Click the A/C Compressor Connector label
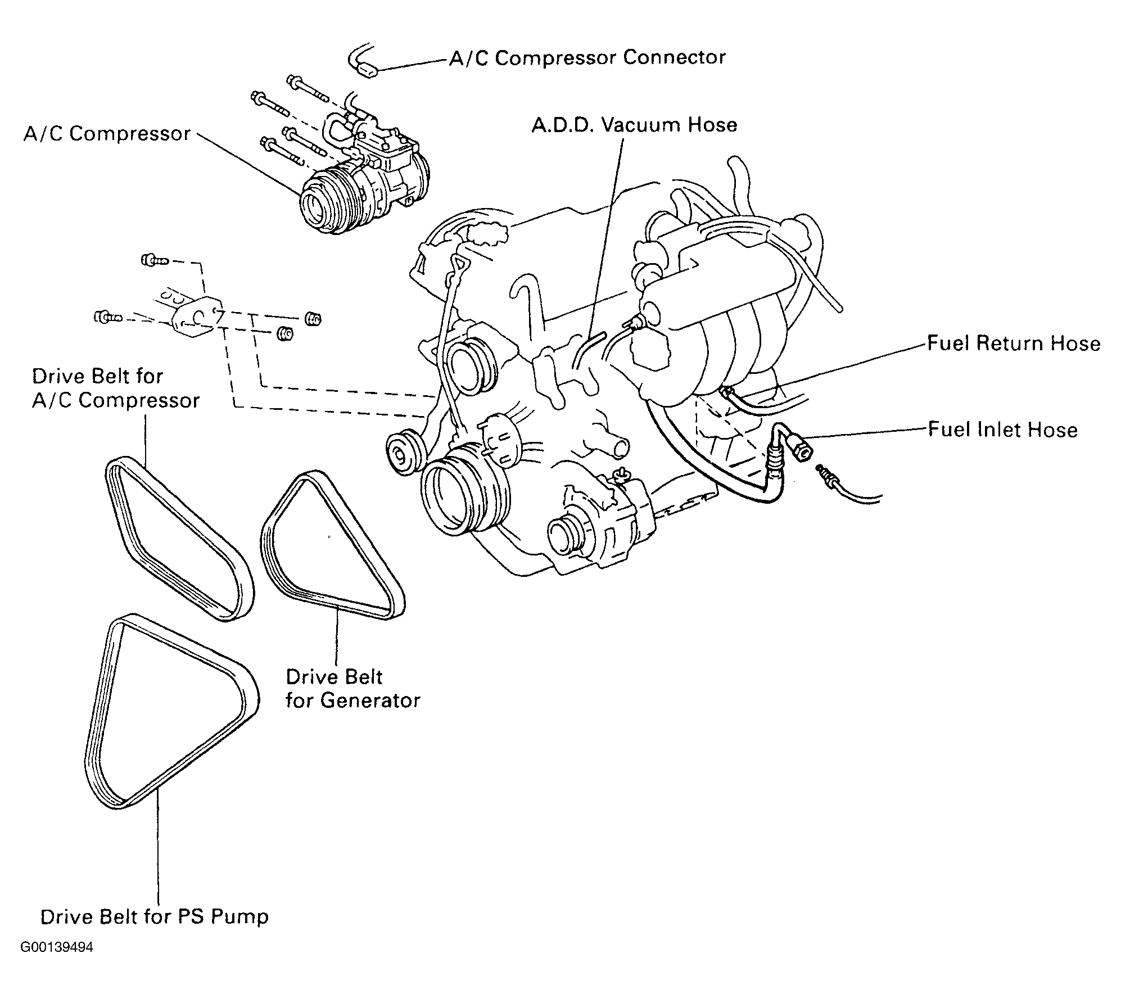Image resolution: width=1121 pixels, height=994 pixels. pos(587,58)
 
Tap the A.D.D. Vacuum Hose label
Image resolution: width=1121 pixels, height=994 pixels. pos(635,124)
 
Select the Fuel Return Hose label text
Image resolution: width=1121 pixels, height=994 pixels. pos(1014,343)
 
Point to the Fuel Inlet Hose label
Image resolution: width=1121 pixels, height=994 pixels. pos(1002,430)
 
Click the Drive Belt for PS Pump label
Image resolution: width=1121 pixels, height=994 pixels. pos(155,917)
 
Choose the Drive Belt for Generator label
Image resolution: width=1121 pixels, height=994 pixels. pos(352,688)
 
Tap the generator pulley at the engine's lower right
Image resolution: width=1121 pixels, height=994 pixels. pos(567,539)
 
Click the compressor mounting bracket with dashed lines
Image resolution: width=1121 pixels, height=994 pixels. pos(191,318)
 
